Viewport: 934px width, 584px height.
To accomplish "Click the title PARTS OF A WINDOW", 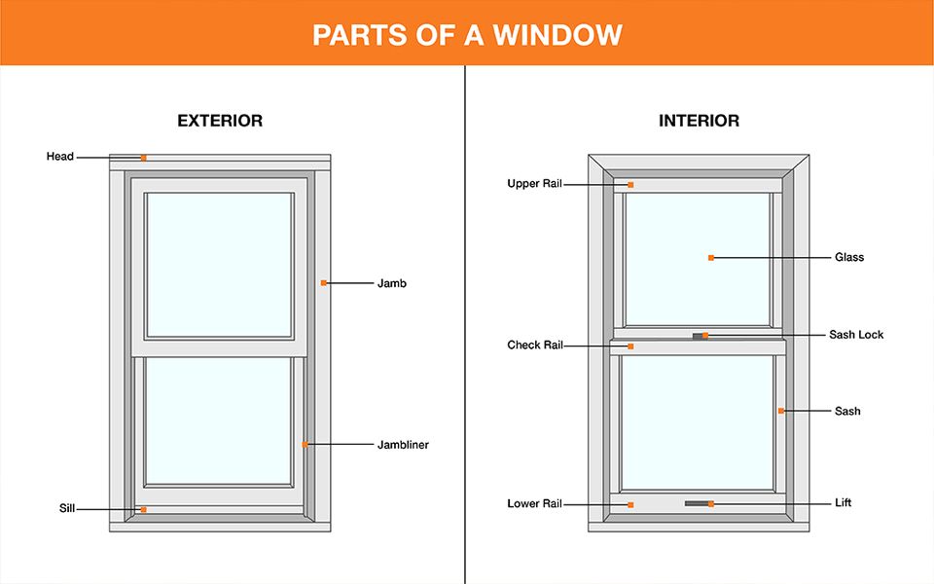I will point(467,35).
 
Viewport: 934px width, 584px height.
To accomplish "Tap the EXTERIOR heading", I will point(220,122).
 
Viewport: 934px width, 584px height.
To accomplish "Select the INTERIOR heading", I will point(699,122).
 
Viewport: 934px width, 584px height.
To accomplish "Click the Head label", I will point(60,157).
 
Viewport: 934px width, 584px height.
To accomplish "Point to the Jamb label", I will point(391,283).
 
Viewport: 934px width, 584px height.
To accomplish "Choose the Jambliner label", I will point(403,445).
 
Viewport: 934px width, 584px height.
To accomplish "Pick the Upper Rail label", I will point(534,184).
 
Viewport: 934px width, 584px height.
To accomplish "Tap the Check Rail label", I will point(534,346).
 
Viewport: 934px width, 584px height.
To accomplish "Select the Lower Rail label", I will point(534,504).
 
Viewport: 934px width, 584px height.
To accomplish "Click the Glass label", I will point(849,258).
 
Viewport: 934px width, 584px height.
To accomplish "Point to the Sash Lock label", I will point(856,335).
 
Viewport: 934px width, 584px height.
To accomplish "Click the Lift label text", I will point(844,504).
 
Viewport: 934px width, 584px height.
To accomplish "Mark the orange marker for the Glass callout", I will point(711,258).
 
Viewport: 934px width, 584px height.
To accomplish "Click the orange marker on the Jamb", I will point(324,283).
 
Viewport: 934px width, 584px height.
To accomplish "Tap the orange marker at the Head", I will point(143,158).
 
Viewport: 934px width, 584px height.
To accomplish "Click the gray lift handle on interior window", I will point(697,503).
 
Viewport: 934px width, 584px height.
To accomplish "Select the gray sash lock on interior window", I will point(698,336).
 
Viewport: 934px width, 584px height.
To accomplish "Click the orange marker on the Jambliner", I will point(305,445).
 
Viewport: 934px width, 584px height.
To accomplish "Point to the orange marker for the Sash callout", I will point(780,412).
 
